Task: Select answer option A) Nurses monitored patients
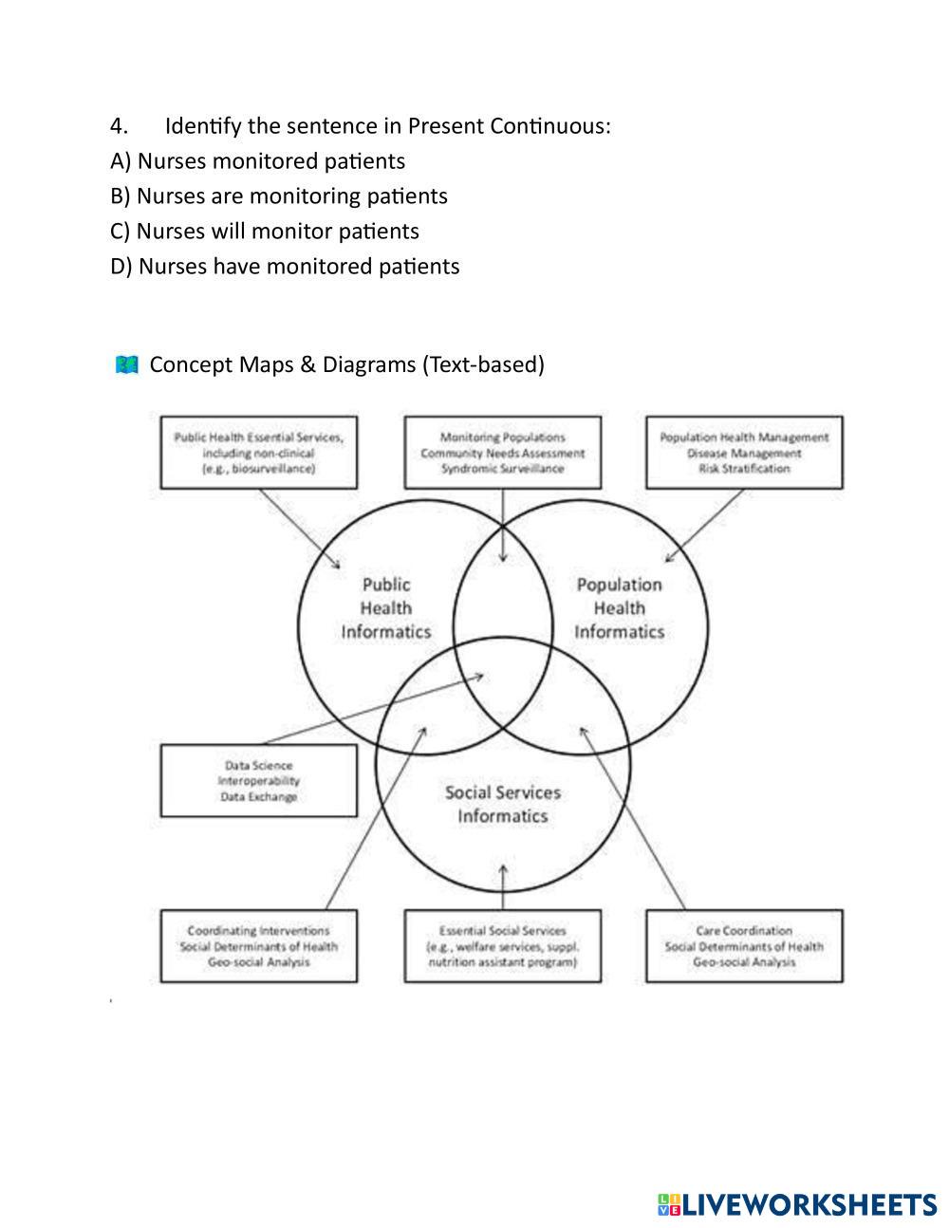pyautogui.click(x=257, y=161)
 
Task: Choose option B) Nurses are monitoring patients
pyautogui.click(x=278, y=196)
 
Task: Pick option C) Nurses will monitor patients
pyautogui.click(x=264, y=232)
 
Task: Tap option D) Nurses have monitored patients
pyautogui.click(x=285, y=267)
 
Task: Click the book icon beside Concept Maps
pyautogui.click(x=126, y=364)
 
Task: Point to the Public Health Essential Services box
pyautogui.click(x=258, y=453)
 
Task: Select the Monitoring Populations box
pyautogui.click(x=502, y=453)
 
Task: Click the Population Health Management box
pyautogui.click(x=744, y=453)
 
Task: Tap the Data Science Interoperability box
pyautogui.click(x=258, y=781)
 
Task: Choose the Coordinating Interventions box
pyautogui.click(x=258, y=946)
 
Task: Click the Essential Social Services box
pyautogui.click(x=502, y=946)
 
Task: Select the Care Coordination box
pyautogui.click(x=744, y=946)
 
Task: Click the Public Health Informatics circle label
pyautogui.click(x=386, y=608)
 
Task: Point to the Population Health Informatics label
pyautogui.click(x=619, y=608)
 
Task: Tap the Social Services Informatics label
pyautogui.click(x=503, y=804)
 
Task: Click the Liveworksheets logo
pyautogui.click(x=797, y=1205)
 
